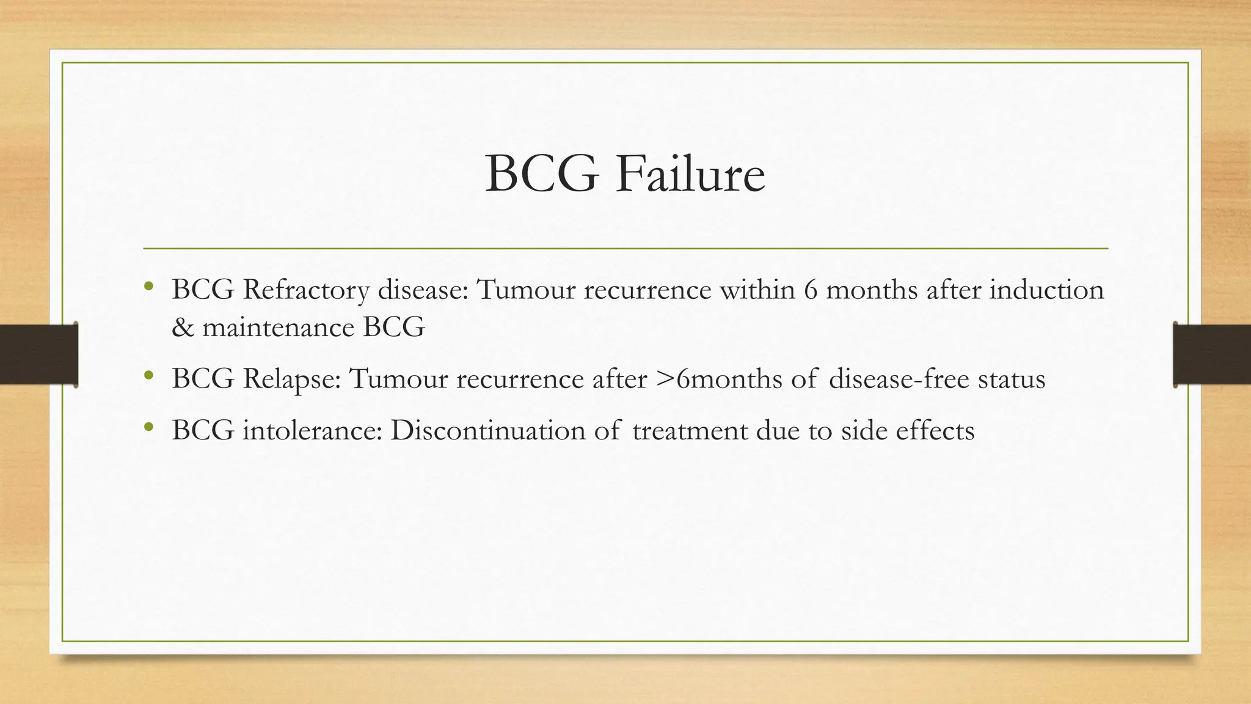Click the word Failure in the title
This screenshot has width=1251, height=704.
point(690,175)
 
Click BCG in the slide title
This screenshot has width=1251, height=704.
point(541,175)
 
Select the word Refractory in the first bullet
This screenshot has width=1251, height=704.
point(306,290)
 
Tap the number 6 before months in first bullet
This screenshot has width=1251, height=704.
point(811,290)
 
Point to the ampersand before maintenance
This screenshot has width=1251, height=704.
point(181,328)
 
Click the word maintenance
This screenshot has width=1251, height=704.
point(279,328)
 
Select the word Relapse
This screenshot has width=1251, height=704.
point(291,380)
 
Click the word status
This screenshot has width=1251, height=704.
point(1012,380)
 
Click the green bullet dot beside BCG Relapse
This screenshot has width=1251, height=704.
point(148,376)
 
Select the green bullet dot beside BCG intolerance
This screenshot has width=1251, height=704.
point(148,427)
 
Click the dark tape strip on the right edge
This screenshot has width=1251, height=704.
point(1213,354)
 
